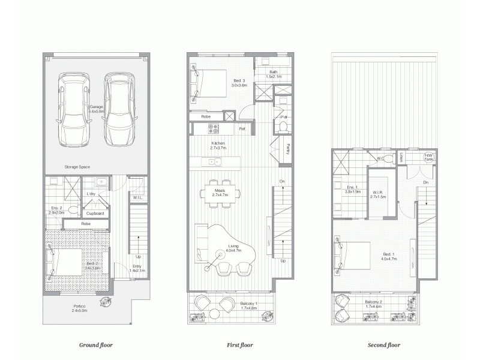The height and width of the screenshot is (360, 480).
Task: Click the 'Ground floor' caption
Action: point(96,345)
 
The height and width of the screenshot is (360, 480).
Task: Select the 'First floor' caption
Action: point(241,345)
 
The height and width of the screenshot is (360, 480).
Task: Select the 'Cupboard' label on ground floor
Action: point(95,213)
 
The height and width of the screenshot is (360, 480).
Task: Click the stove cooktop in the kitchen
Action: point(214,128)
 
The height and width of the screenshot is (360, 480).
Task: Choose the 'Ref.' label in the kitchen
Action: point(242,128)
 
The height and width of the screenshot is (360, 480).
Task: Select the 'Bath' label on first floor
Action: point(273,74)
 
